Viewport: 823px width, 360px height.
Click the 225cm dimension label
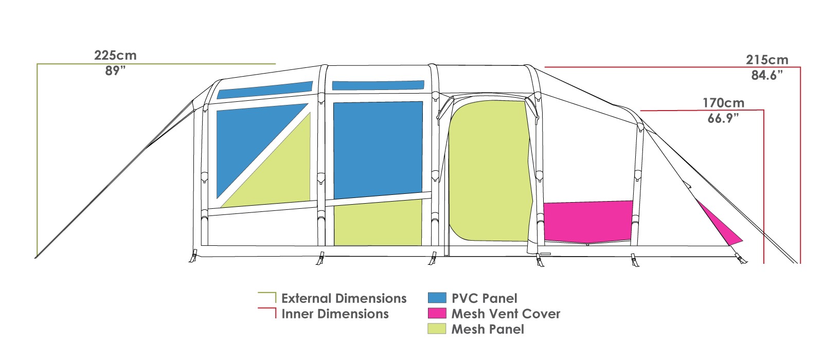[x=115, y=56]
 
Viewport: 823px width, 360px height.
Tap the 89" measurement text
[x=115, y=70]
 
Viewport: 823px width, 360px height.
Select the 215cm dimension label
[x=767, y=60]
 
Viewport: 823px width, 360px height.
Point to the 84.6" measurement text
[x=767, y=75]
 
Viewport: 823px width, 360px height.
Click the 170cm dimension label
[x=723, y=103]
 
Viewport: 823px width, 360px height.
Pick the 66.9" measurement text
[x=723, y=118]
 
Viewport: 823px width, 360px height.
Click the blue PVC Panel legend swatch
[x=437, y=298]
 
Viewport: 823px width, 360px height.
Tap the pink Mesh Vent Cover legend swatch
[x=437, y=313]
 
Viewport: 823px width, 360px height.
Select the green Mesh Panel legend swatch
[x=437, y=329]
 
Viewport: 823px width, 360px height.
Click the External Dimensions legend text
[x=344, y=298]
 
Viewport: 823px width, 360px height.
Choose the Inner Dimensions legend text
[x=335, y=314]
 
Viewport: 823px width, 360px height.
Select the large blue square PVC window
[x=378, y=149]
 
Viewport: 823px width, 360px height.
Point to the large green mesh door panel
[x=490, y=171]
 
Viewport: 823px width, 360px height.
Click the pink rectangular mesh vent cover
[x=588, y=222]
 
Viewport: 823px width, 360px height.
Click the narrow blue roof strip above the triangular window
[x=265, y=90]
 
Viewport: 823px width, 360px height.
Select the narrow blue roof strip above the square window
[x=378, y=85]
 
